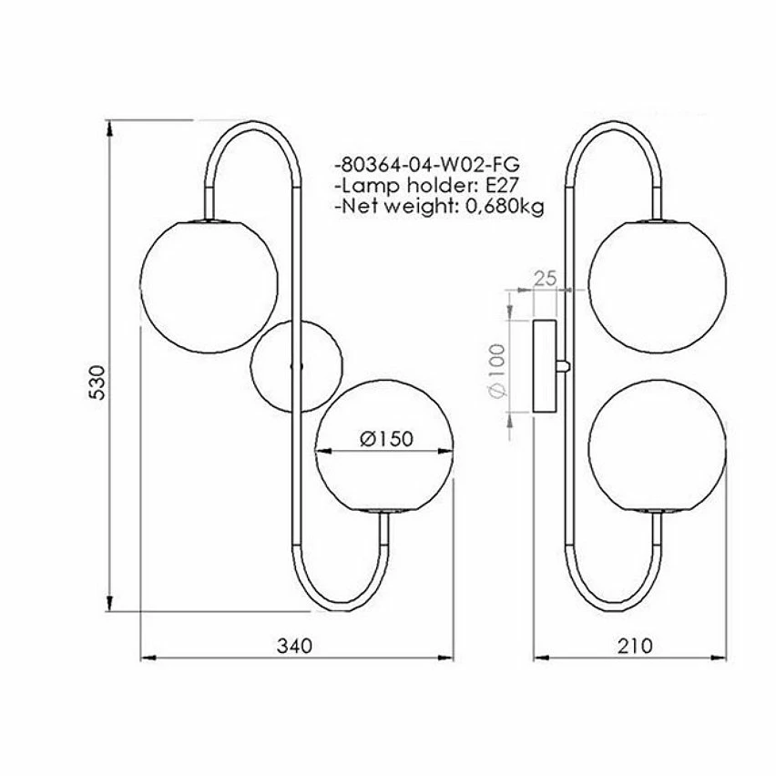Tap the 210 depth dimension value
634,646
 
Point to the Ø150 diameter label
386,438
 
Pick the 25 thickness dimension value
545,279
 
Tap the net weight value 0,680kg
500,207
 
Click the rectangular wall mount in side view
545,366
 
